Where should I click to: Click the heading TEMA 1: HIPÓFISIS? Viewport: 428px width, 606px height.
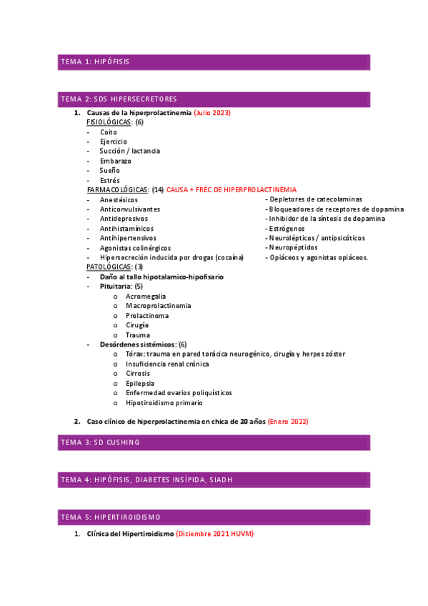click(95, 62)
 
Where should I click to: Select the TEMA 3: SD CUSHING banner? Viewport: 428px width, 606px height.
click(100, 442)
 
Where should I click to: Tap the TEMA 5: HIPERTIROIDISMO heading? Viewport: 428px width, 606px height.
click(111, 516)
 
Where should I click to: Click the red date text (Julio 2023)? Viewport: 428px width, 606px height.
click(212, 113)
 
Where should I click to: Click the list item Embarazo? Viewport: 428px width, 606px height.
click(116, 161)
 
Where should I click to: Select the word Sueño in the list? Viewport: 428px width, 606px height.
click(110, 171)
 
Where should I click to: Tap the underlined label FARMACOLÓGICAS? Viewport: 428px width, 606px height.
click(117, 190)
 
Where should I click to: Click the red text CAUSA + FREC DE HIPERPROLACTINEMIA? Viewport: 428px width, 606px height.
click(230, 190)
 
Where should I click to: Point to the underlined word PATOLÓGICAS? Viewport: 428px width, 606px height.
click(109, 267)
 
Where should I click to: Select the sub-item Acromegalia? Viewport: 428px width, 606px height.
click(146, 296)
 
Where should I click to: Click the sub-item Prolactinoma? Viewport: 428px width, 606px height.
click(147, 315)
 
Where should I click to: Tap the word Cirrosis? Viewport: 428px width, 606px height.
click(139, 373)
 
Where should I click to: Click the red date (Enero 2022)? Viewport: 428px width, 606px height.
click(288, 422)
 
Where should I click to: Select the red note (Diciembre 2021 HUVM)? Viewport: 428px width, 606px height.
click(214, 534)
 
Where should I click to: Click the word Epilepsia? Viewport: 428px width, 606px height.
click(140, 383)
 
